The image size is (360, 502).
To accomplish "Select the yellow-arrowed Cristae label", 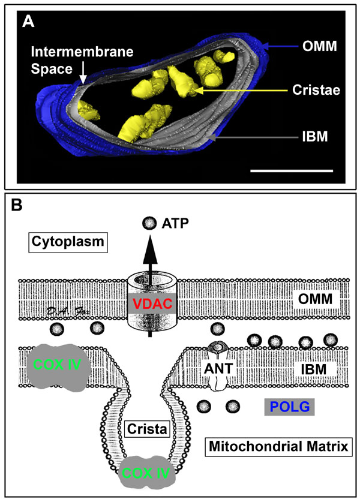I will click(317, 90).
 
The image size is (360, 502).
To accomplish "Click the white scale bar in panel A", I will click(291, 170).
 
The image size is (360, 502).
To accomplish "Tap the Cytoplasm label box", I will click(58, 244).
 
